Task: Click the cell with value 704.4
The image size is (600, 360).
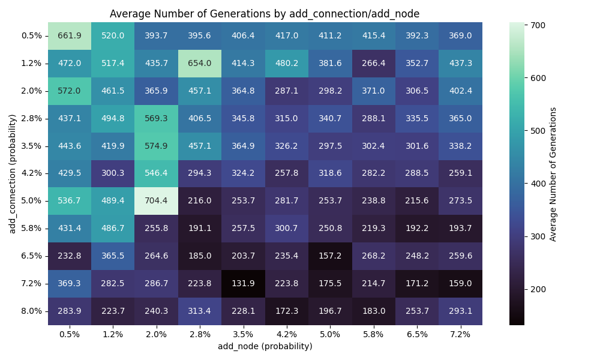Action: (157, 201)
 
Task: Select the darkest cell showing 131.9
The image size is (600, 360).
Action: (243, 284)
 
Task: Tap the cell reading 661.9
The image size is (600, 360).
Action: (70, 35)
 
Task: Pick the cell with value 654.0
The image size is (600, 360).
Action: (200, 63)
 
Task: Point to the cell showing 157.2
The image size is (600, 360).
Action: (330, 256)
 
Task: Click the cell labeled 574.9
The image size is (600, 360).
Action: (157, 146)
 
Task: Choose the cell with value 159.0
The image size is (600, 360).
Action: (460, 284)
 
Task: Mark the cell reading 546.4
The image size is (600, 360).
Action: (157, 173)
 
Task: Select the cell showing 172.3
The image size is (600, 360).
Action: (287, 311)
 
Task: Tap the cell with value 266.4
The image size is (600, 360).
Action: (373, 63)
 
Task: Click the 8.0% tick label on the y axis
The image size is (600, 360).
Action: (31, 311)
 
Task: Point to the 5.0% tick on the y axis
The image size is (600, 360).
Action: (31, 201)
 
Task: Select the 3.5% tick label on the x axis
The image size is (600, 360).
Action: (243, 334)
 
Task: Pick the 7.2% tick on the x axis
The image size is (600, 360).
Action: (460, 334)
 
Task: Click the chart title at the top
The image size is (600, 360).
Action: (265, 14)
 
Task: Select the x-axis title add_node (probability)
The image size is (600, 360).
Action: (265, 346)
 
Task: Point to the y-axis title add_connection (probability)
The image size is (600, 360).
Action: (12, 173)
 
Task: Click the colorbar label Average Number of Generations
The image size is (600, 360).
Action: (553, 174)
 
